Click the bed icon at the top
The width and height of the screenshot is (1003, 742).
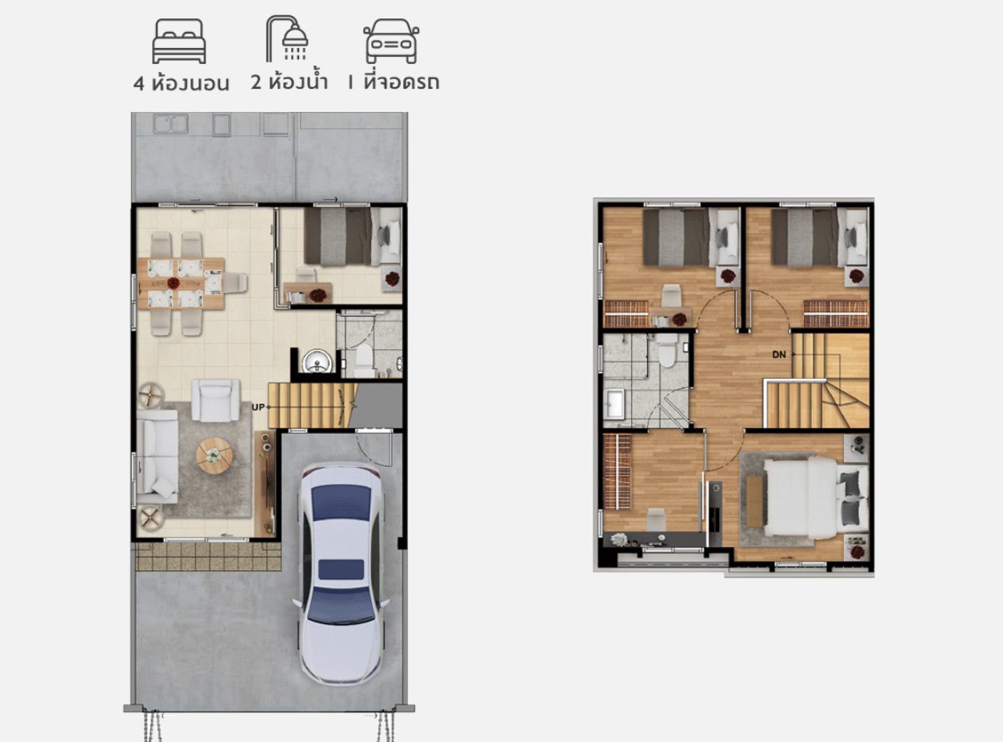[x=179, y=41]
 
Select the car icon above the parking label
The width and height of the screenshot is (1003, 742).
[x=391, y=41]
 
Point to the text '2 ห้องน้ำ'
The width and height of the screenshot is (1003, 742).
[x=290, y=82]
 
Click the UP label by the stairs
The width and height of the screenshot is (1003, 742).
[x=258, y=407]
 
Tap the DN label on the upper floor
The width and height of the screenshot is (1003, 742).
[x=779, y=354]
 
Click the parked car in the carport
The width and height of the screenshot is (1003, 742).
[x=341, y=575]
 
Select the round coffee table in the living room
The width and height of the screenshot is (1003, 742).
[x=214, y=455]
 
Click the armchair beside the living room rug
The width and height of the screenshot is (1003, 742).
[x=215, y=400]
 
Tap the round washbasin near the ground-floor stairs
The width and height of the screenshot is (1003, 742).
[x=317, y=361]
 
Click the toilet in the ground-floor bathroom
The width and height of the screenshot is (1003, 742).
[x=363, y=361]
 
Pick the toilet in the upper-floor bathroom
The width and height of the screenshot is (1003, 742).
[x=666, y=351]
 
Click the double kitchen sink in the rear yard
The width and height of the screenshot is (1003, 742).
[x=170, y=124]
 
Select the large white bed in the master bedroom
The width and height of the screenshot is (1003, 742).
[x=816, y=497]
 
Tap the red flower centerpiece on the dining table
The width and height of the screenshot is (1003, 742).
[x=174, y=283]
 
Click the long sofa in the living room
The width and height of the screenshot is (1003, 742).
[x=157, y=457]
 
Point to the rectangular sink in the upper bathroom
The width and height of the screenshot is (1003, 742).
[x=614, y=405]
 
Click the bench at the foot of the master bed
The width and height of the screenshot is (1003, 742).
[x=753, y=501]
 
